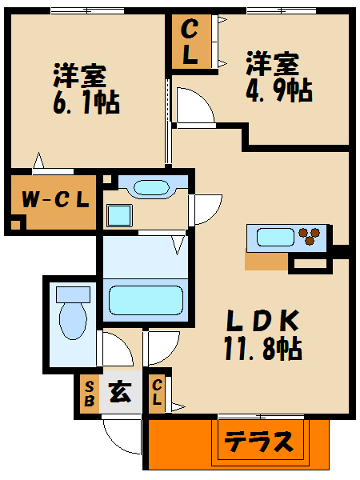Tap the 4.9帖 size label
coord(278,90)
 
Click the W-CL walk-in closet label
coord(54,199)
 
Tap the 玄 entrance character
coord(120,393)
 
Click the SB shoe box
coord(88,394)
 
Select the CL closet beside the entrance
coord(157,394)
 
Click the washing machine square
coord(119,215)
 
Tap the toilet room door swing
coord(112,349)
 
